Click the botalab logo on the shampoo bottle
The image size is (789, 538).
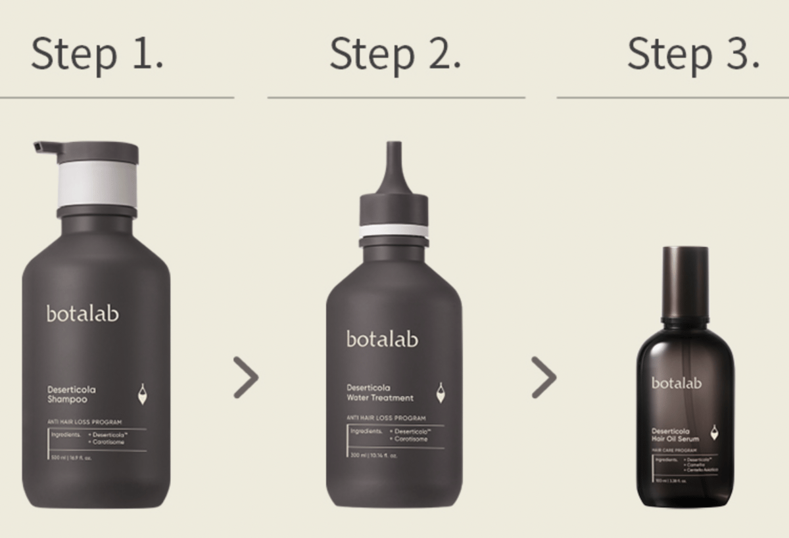83,313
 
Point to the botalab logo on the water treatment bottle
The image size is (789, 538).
382,340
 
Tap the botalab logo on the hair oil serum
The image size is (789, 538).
677,383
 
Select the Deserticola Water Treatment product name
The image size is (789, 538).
380,393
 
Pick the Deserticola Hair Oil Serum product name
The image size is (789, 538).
675,434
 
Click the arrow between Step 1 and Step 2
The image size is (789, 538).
246,378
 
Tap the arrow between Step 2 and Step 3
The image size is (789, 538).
544,378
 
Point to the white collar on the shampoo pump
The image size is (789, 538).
97,185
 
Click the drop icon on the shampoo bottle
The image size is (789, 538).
142,394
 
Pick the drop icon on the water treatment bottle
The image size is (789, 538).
440,393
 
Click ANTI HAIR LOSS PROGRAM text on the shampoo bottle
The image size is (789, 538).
84,422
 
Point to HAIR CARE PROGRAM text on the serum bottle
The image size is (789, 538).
675,450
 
